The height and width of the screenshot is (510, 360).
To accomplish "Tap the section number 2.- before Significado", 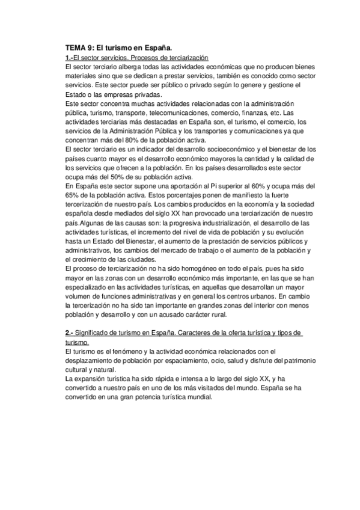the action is [69, 333].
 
